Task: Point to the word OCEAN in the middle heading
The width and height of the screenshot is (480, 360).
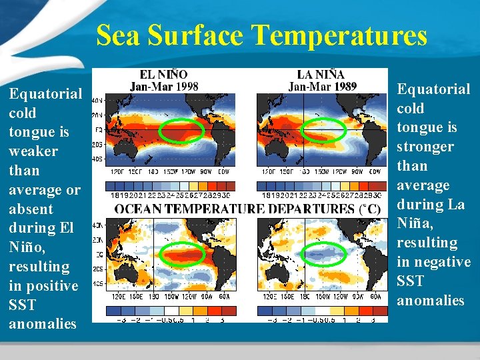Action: tap(138, 209)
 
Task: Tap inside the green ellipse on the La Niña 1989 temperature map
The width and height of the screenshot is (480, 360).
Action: tap(323, 130)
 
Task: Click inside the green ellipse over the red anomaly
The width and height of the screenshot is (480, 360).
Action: tap(183, 255)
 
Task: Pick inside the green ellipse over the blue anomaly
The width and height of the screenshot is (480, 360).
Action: tap(325, 253)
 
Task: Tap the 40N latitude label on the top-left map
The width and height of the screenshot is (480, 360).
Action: tap(97, 101)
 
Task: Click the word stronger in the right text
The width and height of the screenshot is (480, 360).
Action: tap(425, 147)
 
